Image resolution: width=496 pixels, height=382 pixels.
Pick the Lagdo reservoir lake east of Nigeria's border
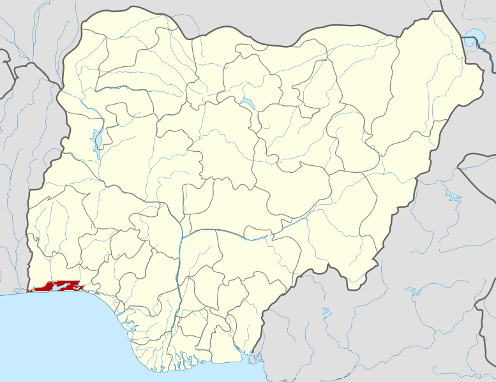click(454, 195)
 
